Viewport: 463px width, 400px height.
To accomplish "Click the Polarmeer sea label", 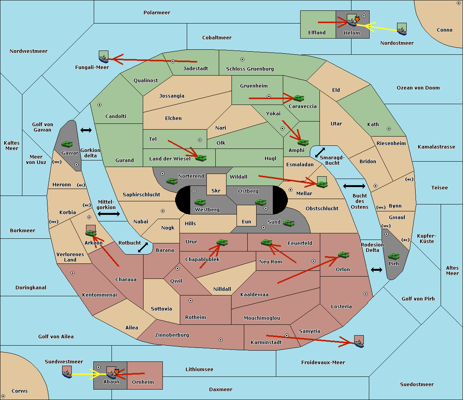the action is (x=157, y=13).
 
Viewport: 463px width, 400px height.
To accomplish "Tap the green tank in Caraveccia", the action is (x=299, y=98).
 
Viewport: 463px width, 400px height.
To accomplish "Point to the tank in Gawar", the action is (x=67, y=144).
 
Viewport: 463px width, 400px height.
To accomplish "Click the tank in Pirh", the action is (x=394, y=256).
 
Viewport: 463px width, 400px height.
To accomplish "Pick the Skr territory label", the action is (x=216, y=191).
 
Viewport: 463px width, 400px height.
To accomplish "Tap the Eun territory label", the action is (x=247, y=221).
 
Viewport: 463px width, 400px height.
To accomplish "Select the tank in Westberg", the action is (x=200, y=203).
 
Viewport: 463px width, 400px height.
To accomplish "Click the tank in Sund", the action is (x=289, y=223).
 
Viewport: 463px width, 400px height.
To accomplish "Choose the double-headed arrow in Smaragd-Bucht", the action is (x=320, y=152).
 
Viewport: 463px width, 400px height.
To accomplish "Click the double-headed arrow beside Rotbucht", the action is (x=143, y=248).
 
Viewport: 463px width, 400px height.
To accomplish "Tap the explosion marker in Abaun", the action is (x=117, y=372).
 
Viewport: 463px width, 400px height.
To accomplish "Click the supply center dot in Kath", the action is (x=389, y=129).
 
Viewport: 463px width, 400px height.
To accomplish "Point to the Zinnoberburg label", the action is (x=172, y=335).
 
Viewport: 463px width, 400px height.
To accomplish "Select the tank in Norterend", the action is (x=172, y=181).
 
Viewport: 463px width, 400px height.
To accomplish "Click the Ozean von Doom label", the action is (x=418, y=88).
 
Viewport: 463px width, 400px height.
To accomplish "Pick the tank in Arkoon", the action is (x=91, y=233).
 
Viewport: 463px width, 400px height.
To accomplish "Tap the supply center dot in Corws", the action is (x=3, y=396).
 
